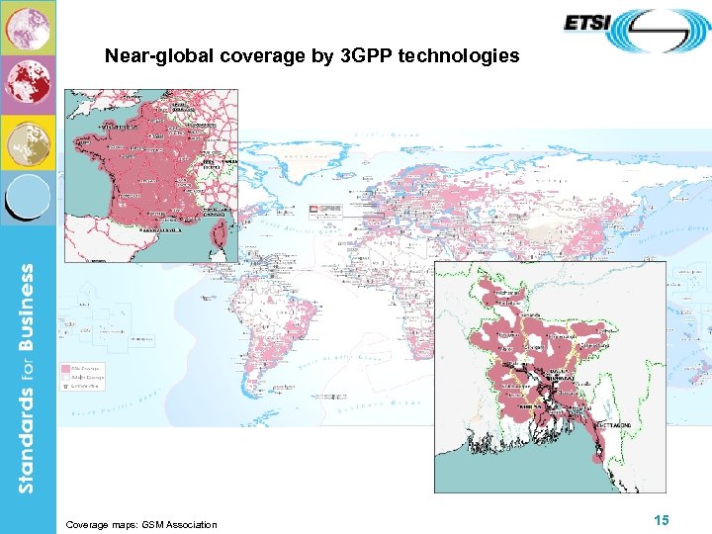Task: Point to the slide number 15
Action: coord(662,520)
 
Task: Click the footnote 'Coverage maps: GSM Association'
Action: coord(140,524)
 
